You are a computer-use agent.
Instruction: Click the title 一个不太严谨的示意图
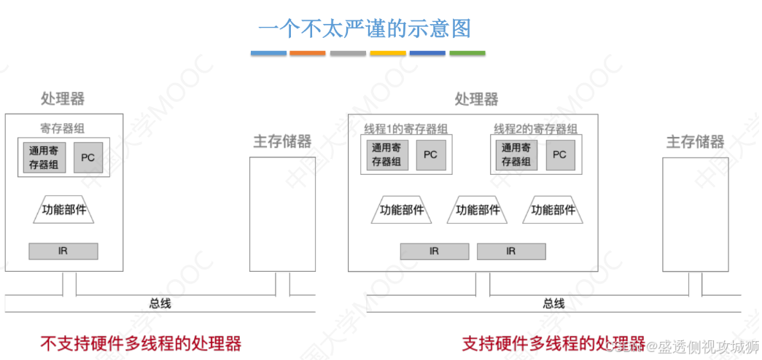[364, 28]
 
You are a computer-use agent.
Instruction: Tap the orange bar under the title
[307, 53]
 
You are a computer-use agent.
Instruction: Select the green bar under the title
[467, 53]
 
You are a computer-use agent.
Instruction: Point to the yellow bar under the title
[387, 53]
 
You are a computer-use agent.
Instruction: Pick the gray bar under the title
[347, 53]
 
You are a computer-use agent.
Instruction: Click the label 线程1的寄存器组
[405, 129]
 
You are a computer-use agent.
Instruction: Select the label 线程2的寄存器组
[535, 129]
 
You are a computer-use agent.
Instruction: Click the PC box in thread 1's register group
[430, 155]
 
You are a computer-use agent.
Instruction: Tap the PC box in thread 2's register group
[559, 155]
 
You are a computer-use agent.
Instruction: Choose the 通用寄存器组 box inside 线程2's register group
[516, 155]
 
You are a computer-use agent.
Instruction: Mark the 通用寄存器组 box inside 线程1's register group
[386, 155]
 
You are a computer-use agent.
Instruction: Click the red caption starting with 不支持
[141, 343]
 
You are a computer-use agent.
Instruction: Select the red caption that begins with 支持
[553, 343]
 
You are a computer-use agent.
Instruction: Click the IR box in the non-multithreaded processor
[63, 251]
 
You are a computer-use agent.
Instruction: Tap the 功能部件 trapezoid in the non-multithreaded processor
[64, 210]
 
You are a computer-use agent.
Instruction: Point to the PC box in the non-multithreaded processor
[88, 158]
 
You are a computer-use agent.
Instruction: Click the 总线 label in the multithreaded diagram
[553, 303]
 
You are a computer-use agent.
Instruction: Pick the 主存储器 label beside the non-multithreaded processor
[282, 141]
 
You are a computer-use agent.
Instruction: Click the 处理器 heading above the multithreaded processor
[476, 99]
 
